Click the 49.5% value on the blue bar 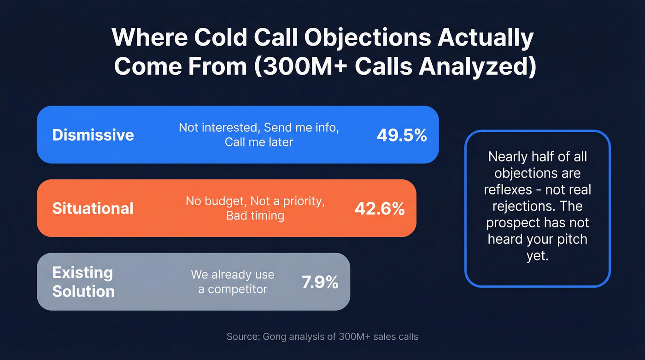[x=402, y=135]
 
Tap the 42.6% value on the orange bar [x=380, y=208]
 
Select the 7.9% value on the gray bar [x=320, y=282]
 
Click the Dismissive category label [x=93, y=135]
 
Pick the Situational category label [x=93, y=208]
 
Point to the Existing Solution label [x=83, y=282]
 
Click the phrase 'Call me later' [x=258, y=142]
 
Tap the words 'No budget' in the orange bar [x=209, y=201]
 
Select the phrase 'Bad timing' [x=255, y=215]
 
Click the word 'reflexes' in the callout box [x=508, y=189]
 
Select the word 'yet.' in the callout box [x=537, y=256]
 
